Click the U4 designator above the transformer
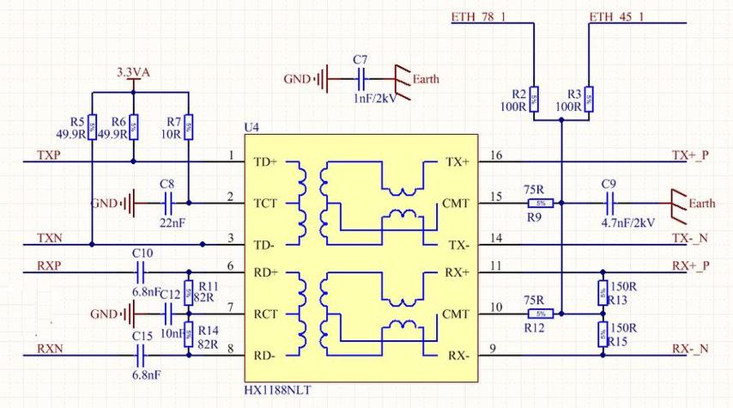click(x=251, y=127)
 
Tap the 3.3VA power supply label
click(x=133, y=73)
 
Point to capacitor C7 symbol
click(x=361, y=80)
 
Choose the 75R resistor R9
click(x=540, y=204)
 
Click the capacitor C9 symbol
click(x=610, y=204)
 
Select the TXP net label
click(x=49, y=155)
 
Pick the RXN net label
click(x=50, y=349)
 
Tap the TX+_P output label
click(x=691, y=155)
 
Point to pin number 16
click(x=496, y=155)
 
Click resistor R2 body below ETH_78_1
click(x=533, y=100)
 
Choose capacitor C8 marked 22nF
click(x=167, y=204)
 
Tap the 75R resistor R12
click(x=540, y=314)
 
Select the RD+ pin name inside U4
click(x=267, y=272)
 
